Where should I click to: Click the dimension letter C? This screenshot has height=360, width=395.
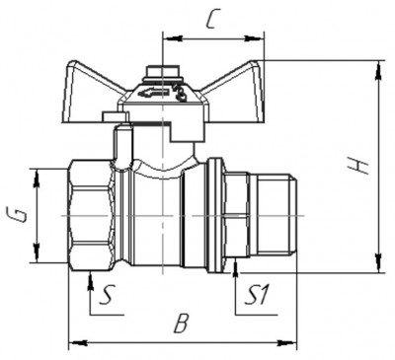click(x=212, y=21)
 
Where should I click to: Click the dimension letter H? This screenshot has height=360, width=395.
click(x=358, y=165)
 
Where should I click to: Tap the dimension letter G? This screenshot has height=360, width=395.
click(x=18, y=214)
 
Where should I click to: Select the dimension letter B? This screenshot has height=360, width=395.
click(x=181, y=324)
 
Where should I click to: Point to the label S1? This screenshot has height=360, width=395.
click(x=257, y=294)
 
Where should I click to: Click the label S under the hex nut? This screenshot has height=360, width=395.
click(x=107, y=294)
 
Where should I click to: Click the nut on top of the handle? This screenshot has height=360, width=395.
click(x=163, y=73)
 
